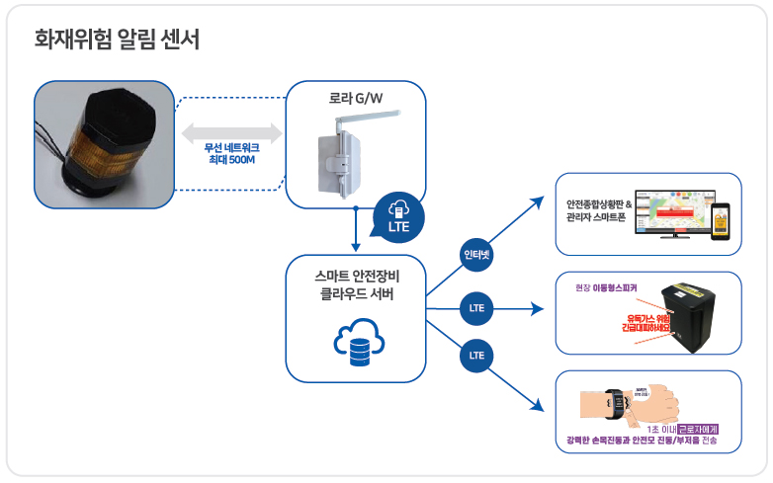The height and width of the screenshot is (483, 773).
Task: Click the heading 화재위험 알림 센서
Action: [117, 40]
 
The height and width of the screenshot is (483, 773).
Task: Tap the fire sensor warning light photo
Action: [103, 143]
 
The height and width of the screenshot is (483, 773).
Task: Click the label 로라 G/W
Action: [356, 99]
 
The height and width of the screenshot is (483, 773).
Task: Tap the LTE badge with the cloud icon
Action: [400, 216]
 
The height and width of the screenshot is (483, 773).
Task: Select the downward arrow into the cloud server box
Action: [356, 232]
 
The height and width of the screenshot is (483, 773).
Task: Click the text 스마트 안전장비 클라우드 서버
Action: [356, 283]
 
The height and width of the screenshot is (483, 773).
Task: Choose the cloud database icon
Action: [356, 343]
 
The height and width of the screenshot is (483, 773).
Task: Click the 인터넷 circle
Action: [477, 255]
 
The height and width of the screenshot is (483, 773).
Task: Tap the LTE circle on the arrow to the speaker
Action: [477, 309]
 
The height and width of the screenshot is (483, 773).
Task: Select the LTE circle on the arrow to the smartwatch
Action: [477, 355]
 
